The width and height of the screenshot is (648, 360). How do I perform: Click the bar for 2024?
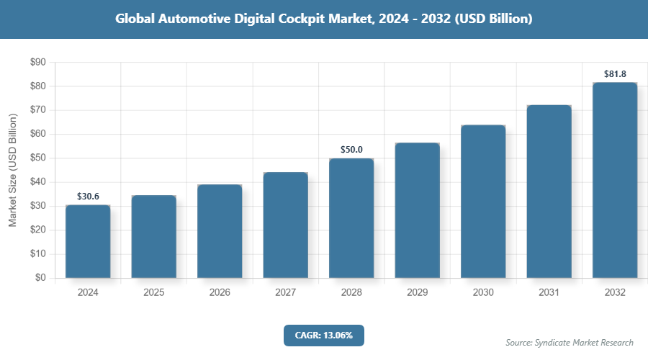tap(88, 242)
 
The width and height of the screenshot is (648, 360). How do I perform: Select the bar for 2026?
tap(220, 231)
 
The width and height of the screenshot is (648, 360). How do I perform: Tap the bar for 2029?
tap(418, 210)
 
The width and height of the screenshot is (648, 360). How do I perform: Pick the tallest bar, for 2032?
tap(615, 180)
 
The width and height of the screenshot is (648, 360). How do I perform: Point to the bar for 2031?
tap(549, 192)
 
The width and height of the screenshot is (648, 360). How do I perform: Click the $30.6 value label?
tap(88, 196)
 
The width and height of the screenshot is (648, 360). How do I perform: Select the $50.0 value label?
tap(351, 149)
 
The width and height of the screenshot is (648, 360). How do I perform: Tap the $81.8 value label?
tap(615, 73)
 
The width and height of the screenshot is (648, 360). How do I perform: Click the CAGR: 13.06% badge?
tap(324, 336)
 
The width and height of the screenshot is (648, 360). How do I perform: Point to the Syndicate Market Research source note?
tap(570, 342)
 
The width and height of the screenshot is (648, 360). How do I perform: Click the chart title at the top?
tap(324, 19)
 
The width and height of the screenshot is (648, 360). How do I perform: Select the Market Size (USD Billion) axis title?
tap(13, 170)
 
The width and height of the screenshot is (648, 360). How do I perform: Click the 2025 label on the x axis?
tap(153, 293)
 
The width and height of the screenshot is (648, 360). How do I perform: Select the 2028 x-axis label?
tap(351, 293)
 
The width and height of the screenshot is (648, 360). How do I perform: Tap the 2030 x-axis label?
tap(483, 293)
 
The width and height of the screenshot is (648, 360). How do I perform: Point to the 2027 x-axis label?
tap(285, 293)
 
